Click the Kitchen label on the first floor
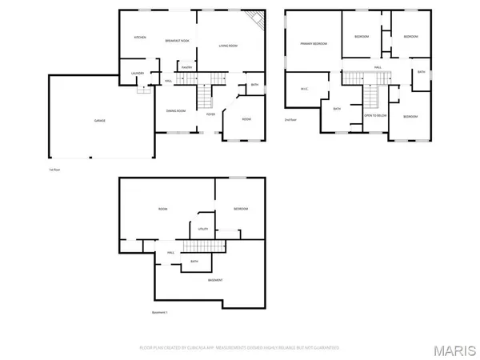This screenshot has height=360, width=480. pos(140,38)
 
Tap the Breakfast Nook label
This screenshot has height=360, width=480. pos(177,41)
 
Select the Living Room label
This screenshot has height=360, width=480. pos(229,46)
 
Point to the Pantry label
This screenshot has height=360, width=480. pos(186,69)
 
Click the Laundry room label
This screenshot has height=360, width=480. pos(137,74)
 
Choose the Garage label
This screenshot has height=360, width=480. pos(100,120)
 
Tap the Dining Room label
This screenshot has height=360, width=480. pos(176,110)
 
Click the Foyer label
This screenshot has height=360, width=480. pos(210,114)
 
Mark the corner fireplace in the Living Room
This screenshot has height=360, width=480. pos(256,20)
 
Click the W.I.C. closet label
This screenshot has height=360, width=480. pos(304,89)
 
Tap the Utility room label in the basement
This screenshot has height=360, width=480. pos(203,229)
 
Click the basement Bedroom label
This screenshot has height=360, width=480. pos(241,210)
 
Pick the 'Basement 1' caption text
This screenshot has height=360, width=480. pos(161,312)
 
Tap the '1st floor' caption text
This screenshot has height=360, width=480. pos(54,170)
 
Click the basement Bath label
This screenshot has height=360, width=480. pos(194,262)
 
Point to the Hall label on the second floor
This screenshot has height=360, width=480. pos(378,68)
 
